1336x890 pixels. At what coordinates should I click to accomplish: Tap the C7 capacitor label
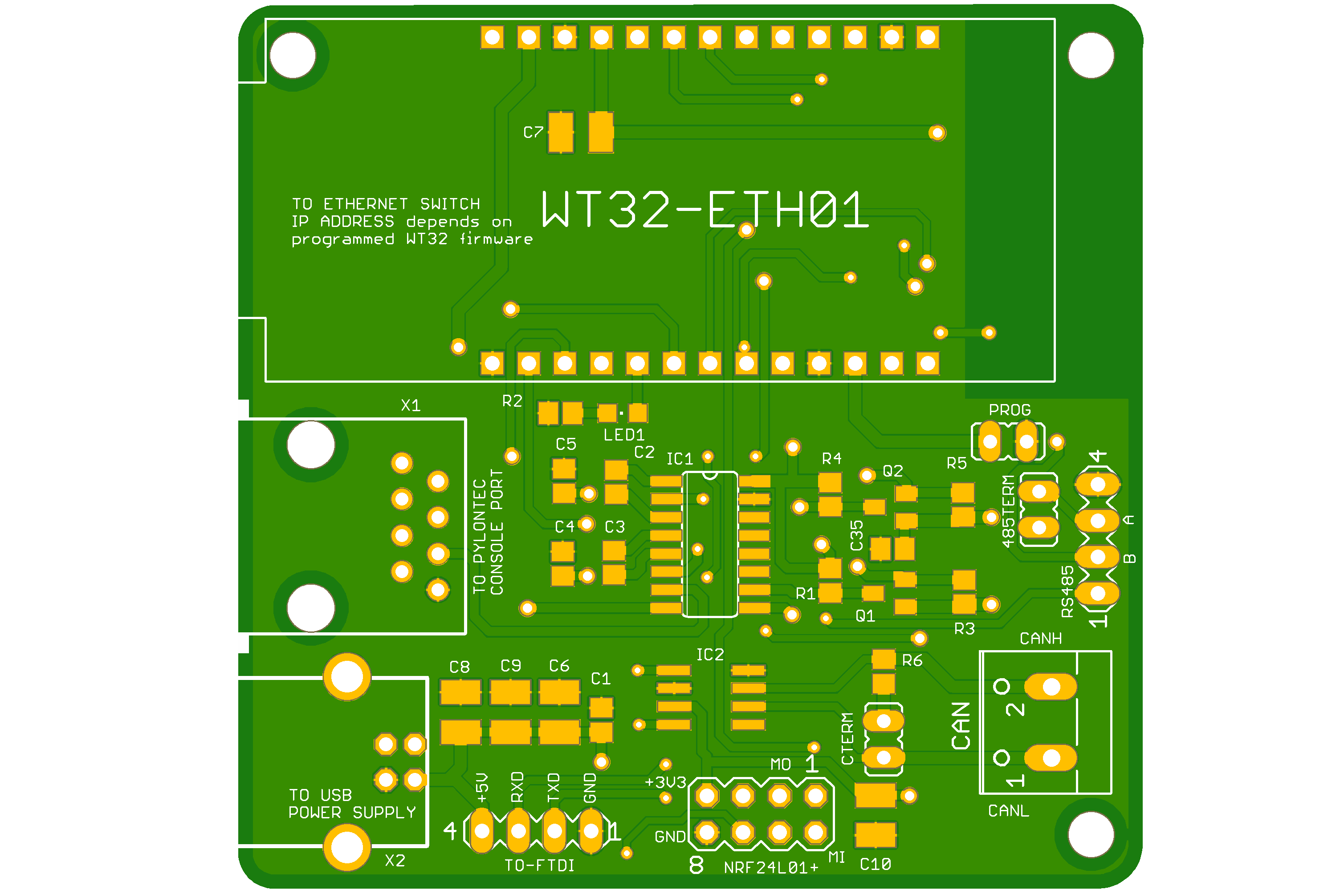pyautogui.click(x=534, y=132)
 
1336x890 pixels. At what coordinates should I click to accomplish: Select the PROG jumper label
pyautogui.click(x=1010, y=410)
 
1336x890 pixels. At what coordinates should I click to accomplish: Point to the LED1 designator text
pyautogui.click(x=624, y=435)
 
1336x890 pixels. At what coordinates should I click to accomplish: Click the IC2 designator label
pyautogui.click(x=710, y=655)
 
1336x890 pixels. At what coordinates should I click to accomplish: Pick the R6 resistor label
pyautogui.click(x=912, y=660)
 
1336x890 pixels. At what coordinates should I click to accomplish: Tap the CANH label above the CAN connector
pyautogui.click(x=1041, y=639)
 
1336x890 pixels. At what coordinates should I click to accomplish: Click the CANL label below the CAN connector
pyautogui.click(x=1008, y=810)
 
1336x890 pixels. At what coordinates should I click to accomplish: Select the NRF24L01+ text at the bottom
pyautogui.click(x=771, y=867)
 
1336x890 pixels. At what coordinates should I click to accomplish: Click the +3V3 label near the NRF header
pyautogui.click(x=665, y=783)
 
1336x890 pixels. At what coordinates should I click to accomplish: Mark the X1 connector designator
pyautogui.click(x=411, y=405)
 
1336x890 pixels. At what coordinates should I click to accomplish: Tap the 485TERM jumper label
pyautogui.click(x=1008, y=511)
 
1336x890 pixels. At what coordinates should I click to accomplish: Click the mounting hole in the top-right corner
pyautogui.click(x=1091, y=55)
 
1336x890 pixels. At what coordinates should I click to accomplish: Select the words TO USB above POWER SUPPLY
pyautogui.click(x=320, y=795)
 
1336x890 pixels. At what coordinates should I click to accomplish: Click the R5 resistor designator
pyautogui.click(x=957, y=463)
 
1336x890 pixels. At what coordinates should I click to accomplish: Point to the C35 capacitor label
pyautogui.click(x=856, y=535)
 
